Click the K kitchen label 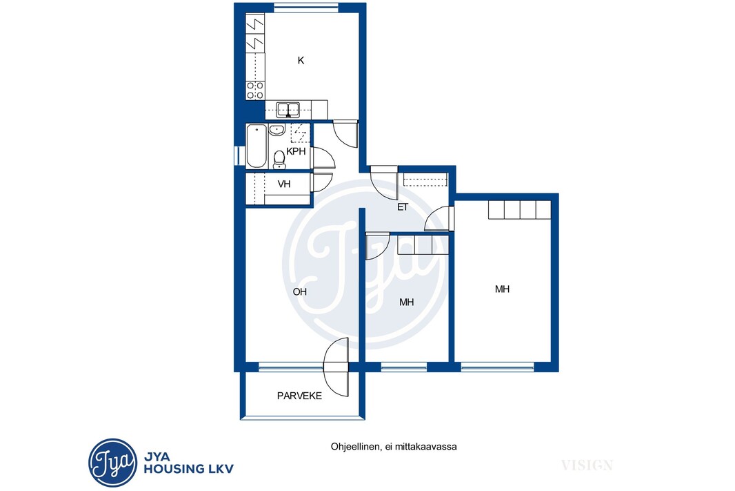click(x=301, y=61)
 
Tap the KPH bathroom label click(x=296, y=151)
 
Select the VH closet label click(x=284, y=184)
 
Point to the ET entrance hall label click(x=403, y=207)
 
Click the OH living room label click(x=299, y=292)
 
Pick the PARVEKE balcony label click(x=299, y=396)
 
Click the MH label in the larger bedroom click(x=502, y=289)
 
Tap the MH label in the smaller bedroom click(x=406, y=302)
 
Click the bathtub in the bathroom click(x=256, y=146)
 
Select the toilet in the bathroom click(x=279, y=160)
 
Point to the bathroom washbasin click(x=277, y=130)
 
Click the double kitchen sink click(x=288, y=110)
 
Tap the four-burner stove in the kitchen click(x=256, y=90)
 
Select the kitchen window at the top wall click(x=305, y=7)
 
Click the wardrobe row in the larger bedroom click(x=519, y=209)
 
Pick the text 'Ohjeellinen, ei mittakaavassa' click(x=394, y=446)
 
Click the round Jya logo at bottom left click(x=113, y=463)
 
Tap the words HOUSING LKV click(x=188, y=468)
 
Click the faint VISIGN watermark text click(x=587, y=465)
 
